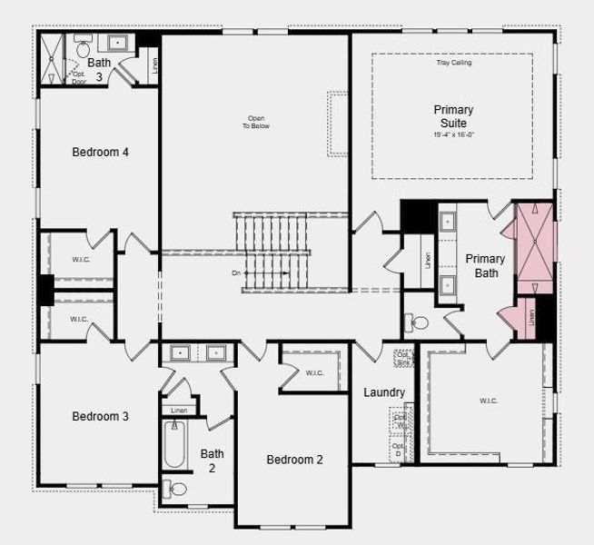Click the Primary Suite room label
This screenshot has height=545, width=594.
452,116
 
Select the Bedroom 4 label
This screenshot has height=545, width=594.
100,152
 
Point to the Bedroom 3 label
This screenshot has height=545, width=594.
100,416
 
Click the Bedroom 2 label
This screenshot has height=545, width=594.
294,460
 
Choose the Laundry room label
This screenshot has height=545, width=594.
384,392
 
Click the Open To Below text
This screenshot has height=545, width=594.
255,122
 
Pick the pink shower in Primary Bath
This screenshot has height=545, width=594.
534,239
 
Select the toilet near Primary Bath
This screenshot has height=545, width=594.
420,322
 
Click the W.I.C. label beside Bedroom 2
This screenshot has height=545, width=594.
314,372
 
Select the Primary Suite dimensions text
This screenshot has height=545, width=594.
452,134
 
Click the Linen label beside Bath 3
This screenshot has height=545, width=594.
154,64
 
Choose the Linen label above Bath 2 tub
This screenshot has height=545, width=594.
178,411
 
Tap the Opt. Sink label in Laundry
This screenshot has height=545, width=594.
402,358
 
